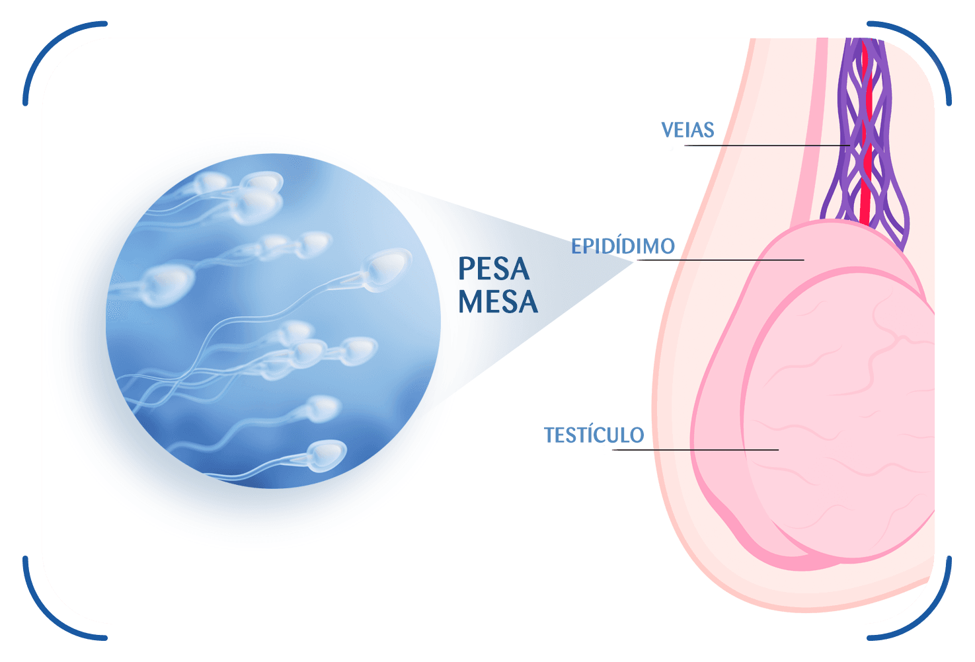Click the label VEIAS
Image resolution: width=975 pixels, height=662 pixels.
pos(687,129)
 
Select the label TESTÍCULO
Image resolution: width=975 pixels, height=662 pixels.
pos(594,435)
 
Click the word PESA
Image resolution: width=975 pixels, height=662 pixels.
pos(494,269)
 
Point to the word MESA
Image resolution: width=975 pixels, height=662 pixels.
pos(498,301)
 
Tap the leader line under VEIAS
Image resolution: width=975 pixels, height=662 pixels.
pos(767,145)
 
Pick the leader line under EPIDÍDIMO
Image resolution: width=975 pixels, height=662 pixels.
pos(721,260)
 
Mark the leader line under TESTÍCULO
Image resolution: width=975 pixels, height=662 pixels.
pos(695,450)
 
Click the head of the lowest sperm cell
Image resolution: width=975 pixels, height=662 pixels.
pos(327,455)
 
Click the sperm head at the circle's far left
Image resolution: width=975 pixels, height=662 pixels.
pos(168,285)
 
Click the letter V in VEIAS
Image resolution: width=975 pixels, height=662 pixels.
pos(668,129)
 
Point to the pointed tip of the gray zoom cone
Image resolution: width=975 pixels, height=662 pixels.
pos(633,262)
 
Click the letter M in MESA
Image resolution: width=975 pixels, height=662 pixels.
pos(470,301)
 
